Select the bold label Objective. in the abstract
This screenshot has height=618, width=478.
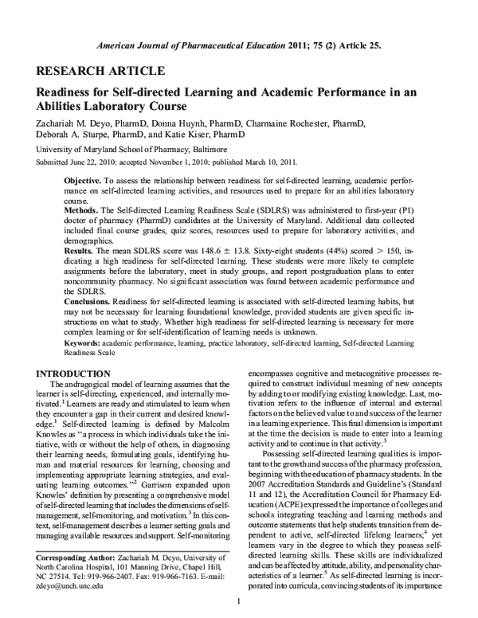point(85,182)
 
